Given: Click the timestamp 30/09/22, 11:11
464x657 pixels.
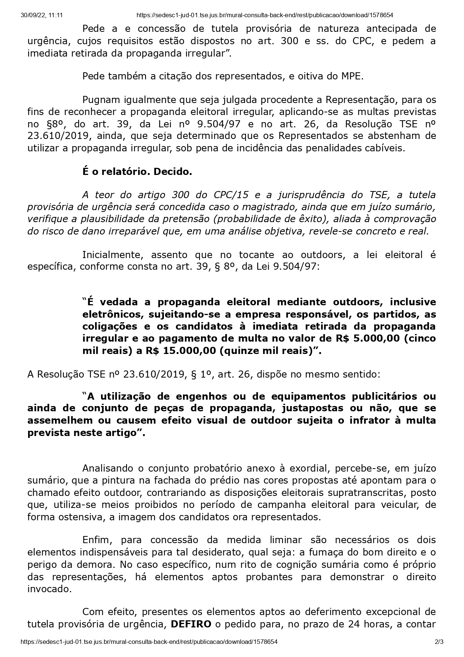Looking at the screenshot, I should click(x=42, y=15).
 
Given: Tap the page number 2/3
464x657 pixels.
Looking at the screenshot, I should click(x=439, y=642).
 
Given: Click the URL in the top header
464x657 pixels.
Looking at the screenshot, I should click(x=265, y=15).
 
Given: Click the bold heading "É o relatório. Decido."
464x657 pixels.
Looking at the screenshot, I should click(x=137, y=172).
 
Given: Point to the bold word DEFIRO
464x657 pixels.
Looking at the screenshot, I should click(x=191, y=624).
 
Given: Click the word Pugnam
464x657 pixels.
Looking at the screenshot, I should click(x=101, y=100).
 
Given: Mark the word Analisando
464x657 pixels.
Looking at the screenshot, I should click(x=109, y=468).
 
